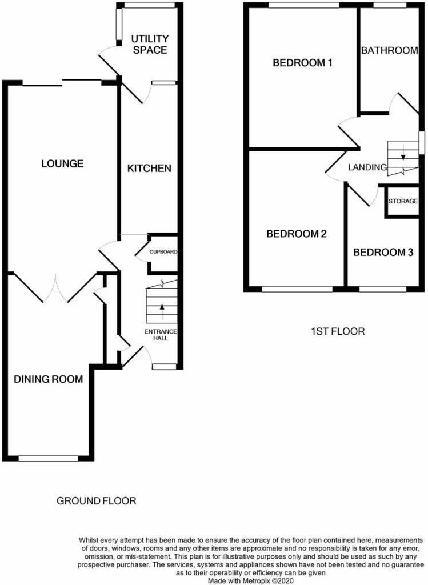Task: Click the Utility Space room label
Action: pyautogui.click(x=150, y=45)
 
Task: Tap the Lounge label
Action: pyautogui.click(x=62, y=163)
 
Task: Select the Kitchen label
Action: pyautogui.click(x=149, y=169)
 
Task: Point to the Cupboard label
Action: pyautogui.click(x=163, y=252)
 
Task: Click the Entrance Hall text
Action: pyautogui.click(x=161, y=335)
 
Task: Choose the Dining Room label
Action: pyautogui.click(x=48, y=379)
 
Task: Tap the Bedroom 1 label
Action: pyautogui.click(x=302, y=62)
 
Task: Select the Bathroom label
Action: pyautogui.click(x=389, y=50)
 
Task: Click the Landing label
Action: pyautogui.click(x=367, y=167)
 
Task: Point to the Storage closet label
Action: pyautogui.click(x=403, y=201)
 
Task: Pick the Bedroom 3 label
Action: pyautogui.click(x=383, y=252)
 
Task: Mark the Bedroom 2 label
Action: pyautogui.click(x=296, y=234)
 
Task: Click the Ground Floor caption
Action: pyautogui.click(x=96, y=500)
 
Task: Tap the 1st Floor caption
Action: pyautogui.click(x=338, y=331)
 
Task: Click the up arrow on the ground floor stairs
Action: pyautogui.click(x=162, y=311)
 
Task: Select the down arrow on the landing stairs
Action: pyautogui.click(x=403, y=153)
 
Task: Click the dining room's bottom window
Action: pyautogui.click(x=49, y=459)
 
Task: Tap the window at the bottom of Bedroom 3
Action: pyautogui.click(x=383, y=289)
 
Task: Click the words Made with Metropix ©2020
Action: pyautogui.click(x=251, y=581)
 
